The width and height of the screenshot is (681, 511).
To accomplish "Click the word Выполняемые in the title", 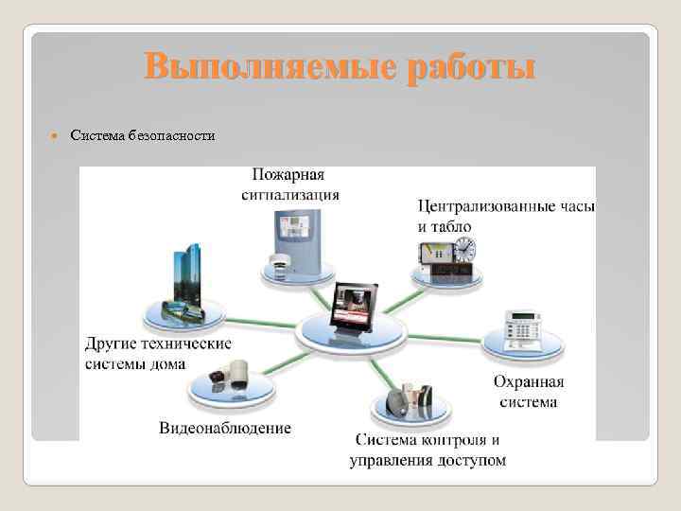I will pyautogui.click(x=271, y=69).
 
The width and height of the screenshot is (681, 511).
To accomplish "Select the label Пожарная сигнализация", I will pyautogui.click(x=289, y=185).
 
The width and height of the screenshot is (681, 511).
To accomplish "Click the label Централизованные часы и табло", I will pyautogui.click(x=506, y=215).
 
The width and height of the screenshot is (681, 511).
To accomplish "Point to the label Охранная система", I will pyautogui.click(x=528, y=392).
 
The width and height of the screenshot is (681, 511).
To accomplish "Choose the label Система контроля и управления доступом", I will pyautogui.click(x=428, y=450).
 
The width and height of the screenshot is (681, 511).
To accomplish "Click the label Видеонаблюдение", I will pyautogui.click(x=225, y=428).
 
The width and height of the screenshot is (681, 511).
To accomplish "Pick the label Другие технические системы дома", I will pyautogui.click(x=157, y=353).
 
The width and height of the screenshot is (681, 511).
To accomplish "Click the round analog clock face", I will pyautogui.click(x=464, y=249).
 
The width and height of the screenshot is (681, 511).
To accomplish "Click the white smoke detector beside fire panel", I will pyautogui.click(x=281, y=263).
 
